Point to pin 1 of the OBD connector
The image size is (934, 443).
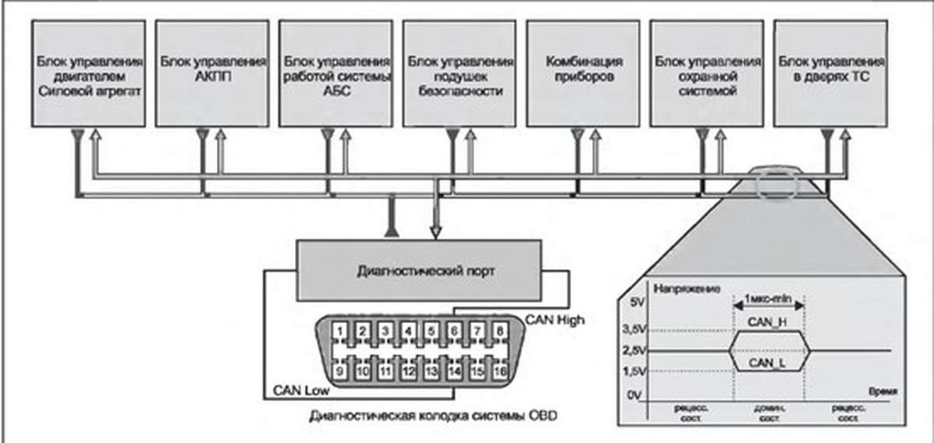click(x=339, y=331)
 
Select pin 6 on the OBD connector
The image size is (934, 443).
click(x=454, y=331)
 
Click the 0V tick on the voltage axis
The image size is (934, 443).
click(x=637, y=396)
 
